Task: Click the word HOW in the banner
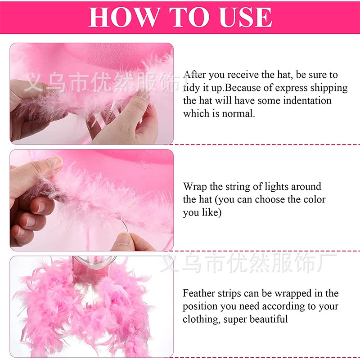pos(124,17)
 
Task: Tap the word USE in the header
pos(245,17)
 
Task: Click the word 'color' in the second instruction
pos(314,199)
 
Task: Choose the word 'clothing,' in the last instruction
pos(201,319)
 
